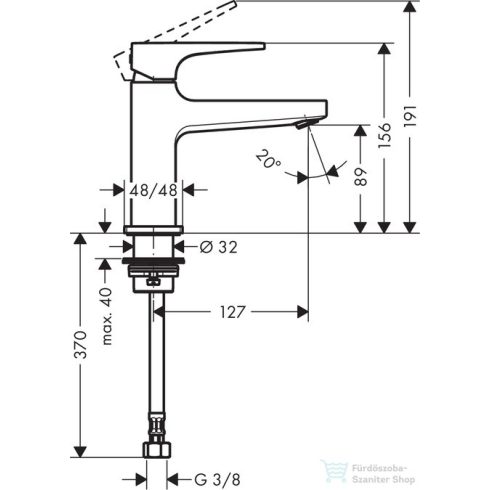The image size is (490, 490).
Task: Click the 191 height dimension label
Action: click(410, 116)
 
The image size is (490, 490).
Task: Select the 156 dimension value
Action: click(385, 136)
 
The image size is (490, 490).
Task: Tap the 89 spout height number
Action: click(360, 177)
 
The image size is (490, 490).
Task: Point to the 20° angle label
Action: click(269, 159)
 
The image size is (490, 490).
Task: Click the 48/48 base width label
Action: click(153, 191)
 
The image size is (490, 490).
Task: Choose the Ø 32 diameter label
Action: click(218, 247)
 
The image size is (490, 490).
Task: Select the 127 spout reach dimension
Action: click(232, 312)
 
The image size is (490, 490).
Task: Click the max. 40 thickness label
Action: click(107, 316)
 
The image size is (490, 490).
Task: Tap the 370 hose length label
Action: click(80, 345)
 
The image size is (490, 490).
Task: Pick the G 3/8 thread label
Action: click(217, 480)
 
